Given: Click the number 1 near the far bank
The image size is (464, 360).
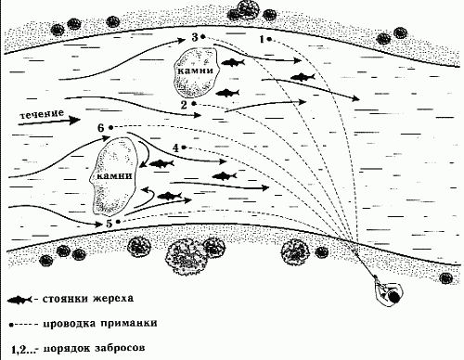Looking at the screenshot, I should tap(264, 39).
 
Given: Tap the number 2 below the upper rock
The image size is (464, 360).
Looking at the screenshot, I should tap(184, 105).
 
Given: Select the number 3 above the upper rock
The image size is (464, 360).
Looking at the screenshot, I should tap(195, 36).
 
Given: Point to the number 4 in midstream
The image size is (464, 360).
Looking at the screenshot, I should tap(176, 148).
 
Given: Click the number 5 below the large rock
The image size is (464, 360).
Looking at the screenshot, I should tap(110, 223).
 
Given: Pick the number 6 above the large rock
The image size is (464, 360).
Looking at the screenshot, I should tap(100, 126).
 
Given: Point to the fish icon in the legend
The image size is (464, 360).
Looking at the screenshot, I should tap(20, 301).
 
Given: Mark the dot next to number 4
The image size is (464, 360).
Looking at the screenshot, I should tap(185, 148).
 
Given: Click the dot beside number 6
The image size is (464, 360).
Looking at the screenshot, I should tap(110, 126).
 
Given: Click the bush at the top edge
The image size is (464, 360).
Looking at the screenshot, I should tap(248, 8).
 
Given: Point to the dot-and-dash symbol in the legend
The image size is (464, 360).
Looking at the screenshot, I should tap(22, 325).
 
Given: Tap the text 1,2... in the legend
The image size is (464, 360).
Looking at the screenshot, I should tap(19, 350).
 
